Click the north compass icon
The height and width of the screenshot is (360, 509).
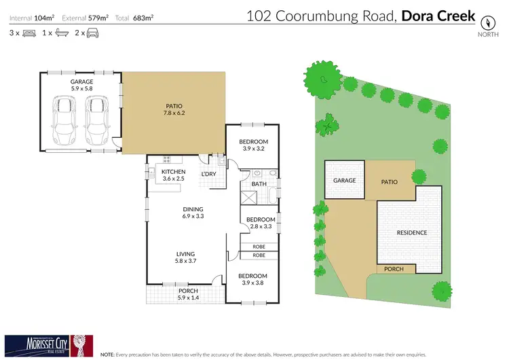pos(487,20)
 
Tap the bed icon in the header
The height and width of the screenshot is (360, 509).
pos(29,33)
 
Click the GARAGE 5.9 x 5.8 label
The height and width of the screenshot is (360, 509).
pos(81,84)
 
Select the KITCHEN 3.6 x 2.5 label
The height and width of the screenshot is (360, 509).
pos(173,175)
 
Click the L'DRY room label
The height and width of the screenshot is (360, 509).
pos(208,175)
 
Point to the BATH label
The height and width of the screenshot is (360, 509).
pos(259,184)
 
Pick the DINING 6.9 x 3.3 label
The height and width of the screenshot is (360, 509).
pos(193,213)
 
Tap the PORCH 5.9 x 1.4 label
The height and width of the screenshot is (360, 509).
pos(188,294)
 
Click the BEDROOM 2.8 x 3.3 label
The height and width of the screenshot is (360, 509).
pos(261,223)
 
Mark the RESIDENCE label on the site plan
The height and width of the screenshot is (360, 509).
pos(412,233)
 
